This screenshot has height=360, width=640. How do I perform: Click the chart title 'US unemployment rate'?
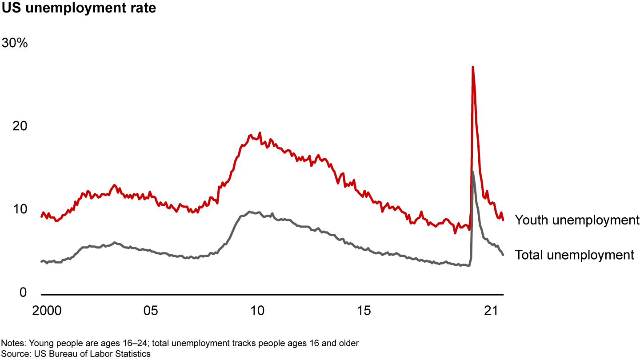[79, 8]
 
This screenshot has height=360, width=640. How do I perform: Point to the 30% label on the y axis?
[15, 43]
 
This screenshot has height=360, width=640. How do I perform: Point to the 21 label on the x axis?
[491, 310]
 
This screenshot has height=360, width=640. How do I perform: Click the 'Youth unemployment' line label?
[577, 220]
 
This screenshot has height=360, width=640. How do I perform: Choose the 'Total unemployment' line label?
[574, 255]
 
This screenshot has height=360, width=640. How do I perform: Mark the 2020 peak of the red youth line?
[472, 67]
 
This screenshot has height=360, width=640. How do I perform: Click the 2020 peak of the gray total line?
[472, 172]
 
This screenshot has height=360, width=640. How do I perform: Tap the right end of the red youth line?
[503, 220]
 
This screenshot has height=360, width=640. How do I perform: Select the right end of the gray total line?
[503, 255]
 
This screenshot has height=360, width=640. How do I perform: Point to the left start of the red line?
[41, 216]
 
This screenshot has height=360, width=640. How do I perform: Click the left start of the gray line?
[41, 261]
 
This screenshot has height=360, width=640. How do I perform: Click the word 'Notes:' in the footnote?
[12, 343]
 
